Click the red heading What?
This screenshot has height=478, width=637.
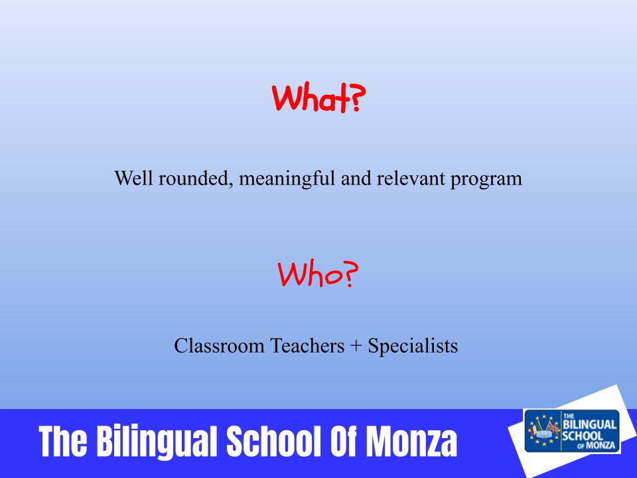click(x=318, y=98)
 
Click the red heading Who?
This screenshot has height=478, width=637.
click(x=318, y=274)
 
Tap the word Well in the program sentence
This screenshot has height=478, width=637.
click(x=133, y=179)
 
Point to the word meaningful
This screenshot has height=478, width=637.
click(x=287, y=179)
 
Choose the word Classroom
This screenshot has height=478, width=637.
click(x=219, y=346)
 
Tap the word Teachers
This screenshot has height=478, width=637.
click(x=307, y=346)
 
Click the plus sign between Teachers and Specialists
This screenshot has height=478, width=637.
click(x=356, y=347)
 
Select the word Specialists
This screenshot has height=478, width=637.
click(x=413, y=347)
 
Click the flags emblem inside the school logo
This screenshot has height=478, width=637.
click(x=543, y=431)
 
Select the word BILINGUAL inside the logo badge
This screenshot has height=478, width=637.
click(x=589, y=425)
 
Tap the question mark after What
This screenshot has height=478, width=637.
click(x=356, y=98)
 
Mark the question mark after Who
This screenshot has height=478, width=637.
click(x=350, y=274)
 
